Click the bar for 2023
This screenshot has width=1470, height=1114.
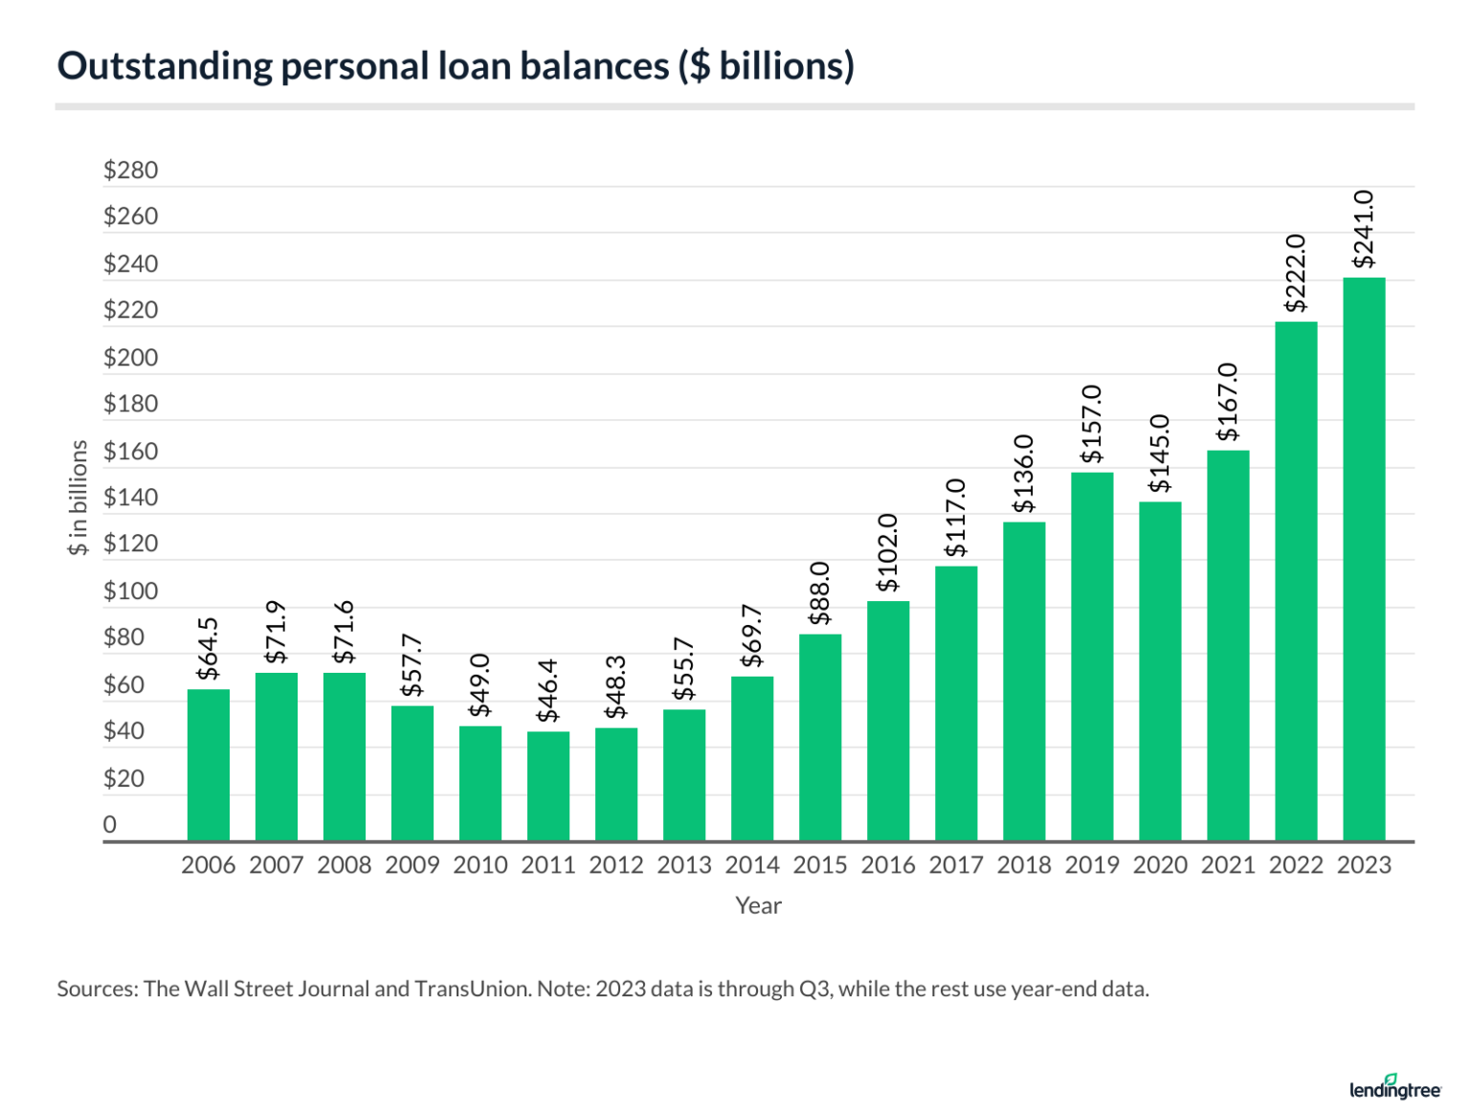[x=1364, y=560]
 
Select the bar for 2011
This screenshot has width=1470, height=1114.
[x=548, y=787]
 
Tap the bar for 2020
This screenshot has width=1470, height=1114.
[x=1160, y=672]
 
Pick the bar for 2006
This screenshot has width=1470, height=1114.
[x=209, y=766]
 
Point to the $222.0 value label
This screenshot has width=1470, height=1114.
[x=1296, y=273]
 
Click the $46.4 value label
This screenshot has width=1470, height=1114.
[x=547, y=691]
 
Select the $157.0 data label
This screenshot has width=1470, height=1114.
[x=1092, y=424]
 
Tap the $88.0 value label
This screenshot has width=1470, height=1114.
[x=820, y=593]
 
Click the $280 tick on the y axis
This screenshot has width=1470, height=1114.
[x=131, y=170]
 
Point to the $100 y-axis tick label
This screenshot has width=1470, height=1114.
[x=131, y=591]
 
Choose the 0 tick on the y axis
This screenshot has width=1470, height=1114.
[x=110, y=825]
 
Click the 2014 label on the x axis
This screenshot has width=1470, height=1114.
[x=752, y=865]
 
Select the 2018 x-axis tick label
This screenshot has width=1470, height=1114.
[x=1024, y=865]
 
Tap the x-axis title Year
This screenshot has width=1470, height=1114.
[x=758, y=905]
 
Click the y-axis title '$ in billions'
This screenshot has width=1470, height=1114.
[x=78, y=498]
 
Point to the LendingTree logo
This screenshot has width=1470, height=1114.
[x=1395, y=1087]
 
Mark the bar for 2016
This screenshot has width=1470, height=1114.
[x=888, y=722]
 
